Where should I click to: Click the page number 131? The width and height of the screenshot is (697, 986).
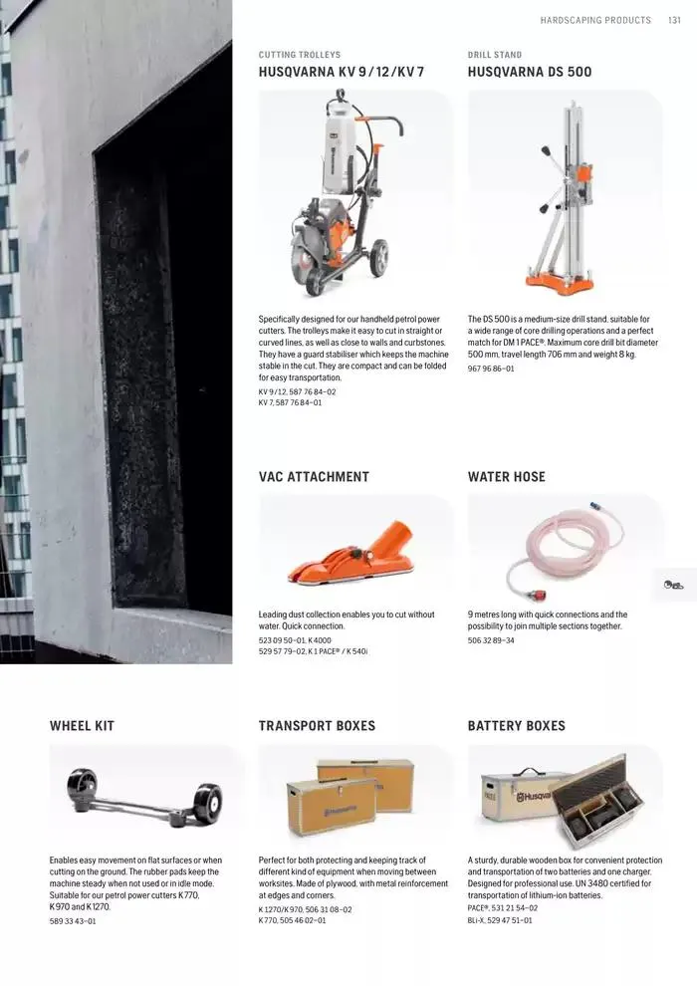674,20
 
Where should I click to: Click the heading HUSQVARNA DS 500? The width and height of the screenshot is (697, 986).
529,72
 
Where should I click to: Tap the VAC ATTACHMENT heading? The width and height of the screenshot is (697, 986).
314,477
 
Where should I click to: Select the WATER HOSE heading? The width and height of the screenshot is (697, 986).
507,477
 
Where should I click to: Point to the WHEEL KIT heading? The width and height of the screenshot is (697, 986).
82,726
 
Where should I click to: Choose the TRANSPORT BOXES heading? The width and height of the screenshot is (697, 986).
317,726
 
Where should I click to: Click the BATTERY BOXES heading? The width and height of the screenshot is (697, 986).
516,726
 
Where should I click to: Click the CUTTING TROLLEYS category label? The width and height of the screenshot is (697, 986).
299,55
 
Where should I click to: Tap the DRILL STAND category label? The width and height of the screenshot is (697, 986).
495,55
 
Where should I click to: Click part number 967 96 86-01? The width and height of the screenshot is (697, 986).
491,369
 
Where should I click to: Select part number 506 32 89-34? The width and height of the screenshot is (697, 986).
491,640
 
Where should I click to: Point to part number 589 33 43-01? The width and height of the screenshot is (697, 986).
73,921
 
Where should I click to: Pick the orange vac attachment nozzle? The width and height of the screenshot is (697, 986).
351,556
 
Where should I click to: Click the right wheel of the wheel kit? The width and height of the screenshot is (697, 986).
207,803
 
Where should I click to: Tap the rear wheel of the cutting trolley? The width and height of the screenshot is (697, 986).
379,257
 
